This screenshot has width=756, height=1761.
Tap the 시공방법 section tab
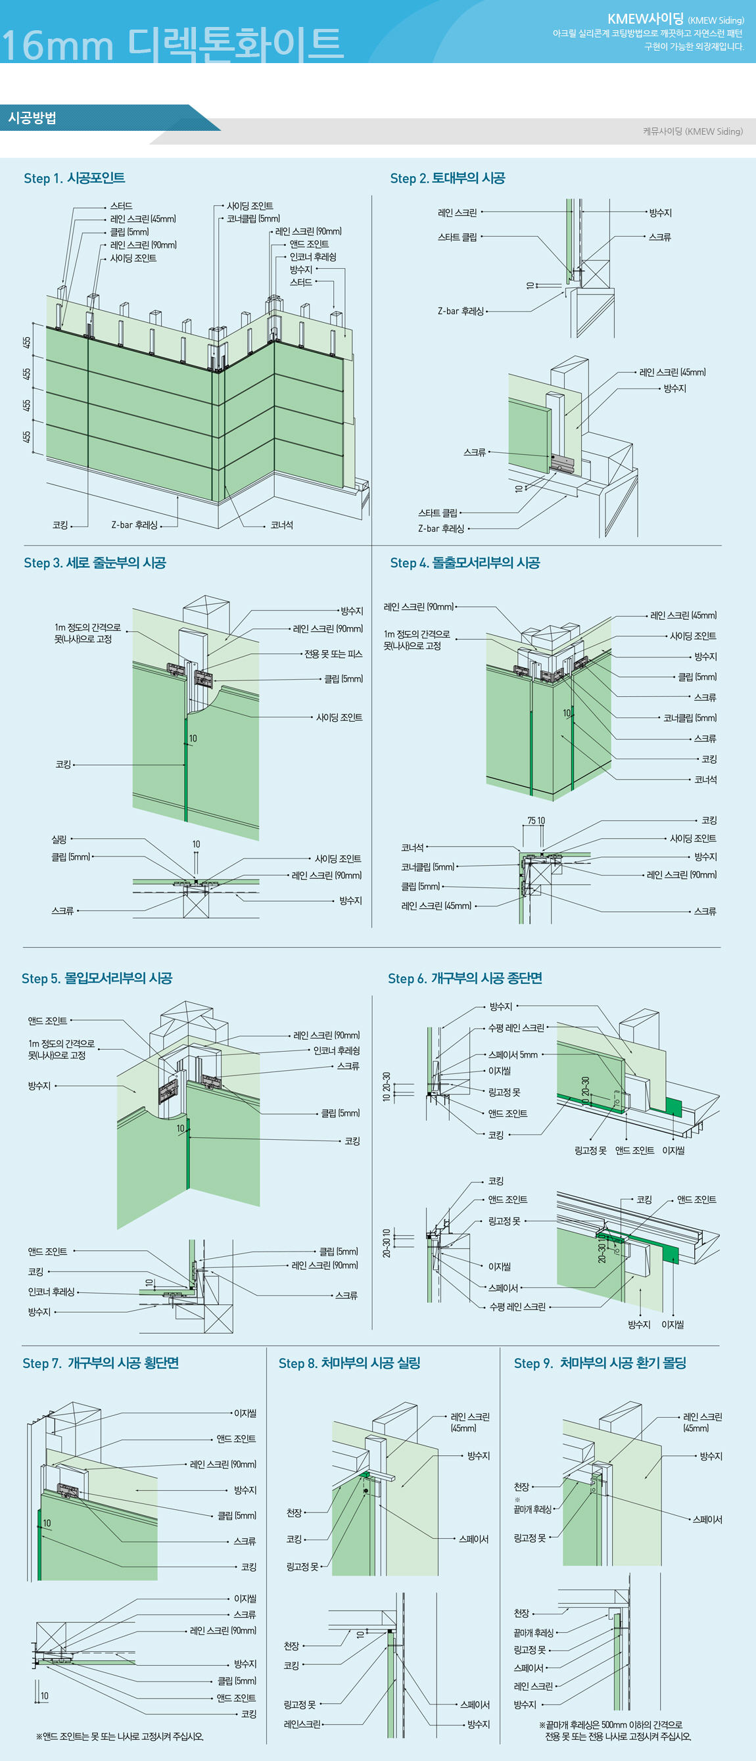click(32, 118)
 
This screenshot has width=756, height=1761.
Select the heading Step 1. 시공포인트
click(74, 178)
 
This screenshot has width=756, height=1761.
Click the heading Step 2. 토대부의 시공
click(447, 178)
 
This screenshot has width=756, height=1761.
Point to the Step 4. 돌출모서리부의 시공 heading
click(465, 563)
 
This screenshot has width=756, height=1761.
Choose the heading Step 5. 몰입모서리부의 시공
click(97, 978)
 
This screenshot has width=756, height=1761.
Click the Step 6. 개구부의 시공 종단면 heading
click(465, 978)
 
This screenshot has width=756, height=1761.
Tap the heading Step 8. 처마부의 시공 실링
click(348, 1363)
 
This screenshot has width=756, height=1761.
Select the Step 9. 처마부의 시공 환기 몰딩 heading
click(600, 1363)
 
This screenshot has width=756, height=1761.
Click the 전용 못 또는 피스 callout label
click(333, 654)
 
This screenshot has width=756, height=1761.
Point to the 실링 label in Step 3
click(59, 839)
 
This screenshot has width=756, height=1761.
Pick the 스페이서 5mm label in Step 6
click(513, 1055)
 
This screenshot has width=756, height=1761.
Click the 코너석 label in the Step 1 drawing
click(281, 525)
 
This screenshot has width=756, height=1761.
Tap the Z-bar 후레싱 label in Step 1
click(134, 525)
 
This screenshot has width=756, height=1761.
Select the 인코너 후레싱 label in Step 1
click(312, 257)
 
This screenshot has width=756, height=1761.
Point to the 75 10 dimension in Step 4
click(536, 820)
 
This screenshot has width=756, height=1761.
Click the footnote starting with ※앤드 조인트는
click(119, 1736)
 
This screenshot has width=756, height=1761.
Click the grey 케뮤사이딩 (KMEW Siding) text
click(692, 131)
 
